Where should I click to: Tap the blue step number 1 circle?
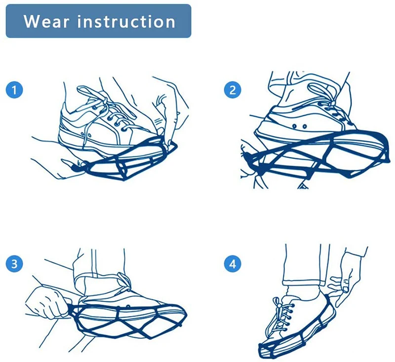tap(15, 90)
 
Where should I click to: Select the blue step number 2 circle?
tap(232, 90)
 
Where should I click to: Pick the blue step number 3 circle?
tap(15, 263)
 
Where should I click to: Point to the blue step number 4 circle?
tap(232, 263)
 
